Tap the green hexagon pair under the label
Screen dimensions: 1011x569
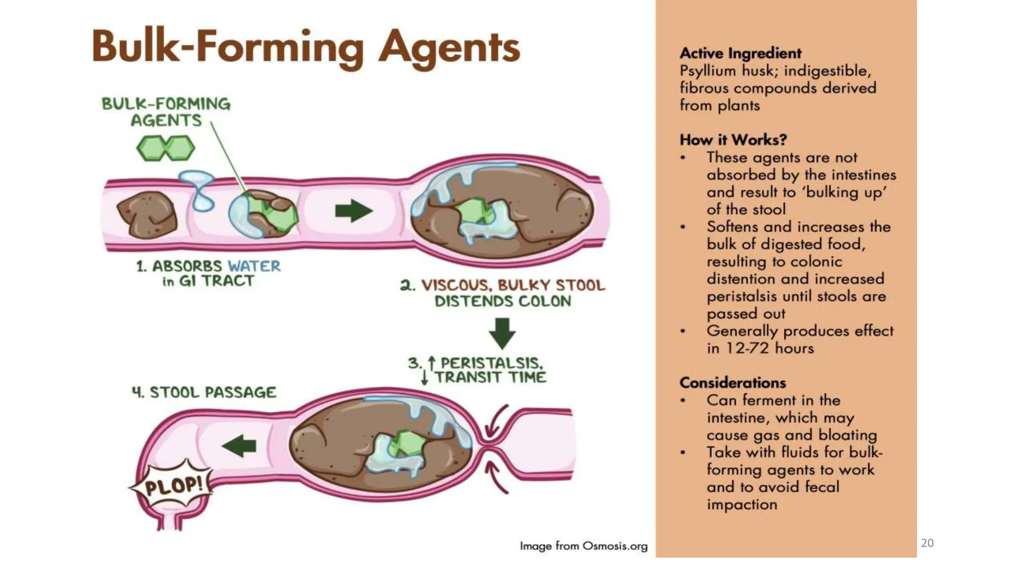point(166,148)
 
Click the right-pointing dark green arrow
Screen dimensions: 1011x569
point(354,211)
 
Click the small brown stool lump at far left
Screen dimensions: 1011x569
point(147,214)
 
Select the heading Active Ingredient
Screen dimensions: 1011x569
point(740,53)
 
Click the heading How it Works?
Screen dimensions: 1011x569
point(733,140)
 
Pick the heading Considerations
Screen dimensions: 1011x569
point(733,383)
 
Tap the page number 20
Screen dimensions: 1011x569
point(928,543)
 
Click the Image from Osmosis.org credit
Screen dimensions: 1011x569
point(583,546)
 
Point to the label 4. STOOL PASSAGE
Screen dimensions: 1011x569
point(204,392)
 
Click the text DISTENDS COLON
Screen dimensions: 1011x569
point(503,301)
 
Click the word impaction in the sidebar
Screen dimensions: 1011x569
point(742,504)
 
